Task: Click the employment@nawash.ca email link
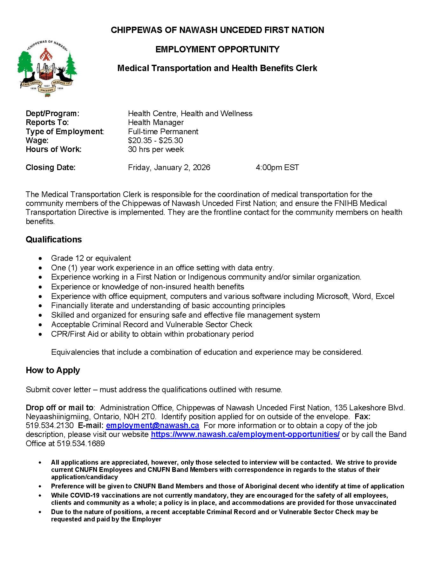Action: [153, 426]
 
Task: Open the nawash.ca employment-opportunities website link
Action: [245, 434]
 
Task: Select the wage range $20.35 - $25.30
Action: [155, 141]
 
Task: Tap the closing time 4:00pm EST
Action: [277, 168]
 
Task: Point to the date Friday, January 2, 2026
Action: [169, 168]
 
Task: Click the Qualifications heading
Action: [54, 240]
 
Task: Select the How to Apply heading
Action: [53, 370]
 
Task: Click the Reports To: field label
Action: [47, 122]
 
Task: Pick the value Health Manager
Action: [156, 122]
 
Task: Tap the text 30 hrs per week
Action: [156, 149]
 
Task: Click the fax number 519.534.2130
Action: [50, 426]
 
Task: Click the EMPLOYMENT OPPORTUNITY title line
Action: [217, 50]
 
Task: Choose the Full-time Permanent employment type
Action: [163, 132]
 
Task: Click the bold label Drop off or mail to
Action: [59, 408]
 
